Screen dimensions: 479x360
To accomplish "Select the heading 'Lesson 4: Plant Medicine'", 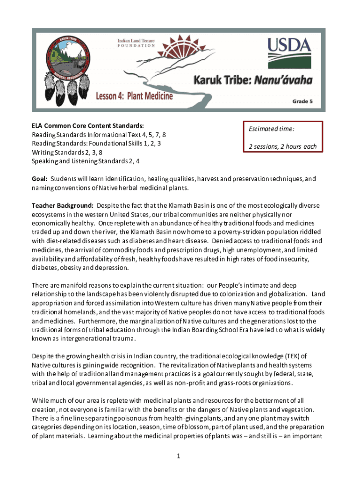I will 134,96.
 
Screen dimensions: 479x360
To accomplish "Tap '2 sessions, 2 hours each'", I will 282,146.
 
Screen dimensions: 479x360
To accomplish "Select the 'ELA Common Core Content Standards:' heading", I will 87,126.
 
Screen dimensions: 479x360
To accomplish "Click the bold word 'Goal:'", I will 39,179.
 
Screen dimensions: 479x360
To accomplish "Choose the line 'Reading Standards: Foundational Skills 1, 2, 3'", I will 96,143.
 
